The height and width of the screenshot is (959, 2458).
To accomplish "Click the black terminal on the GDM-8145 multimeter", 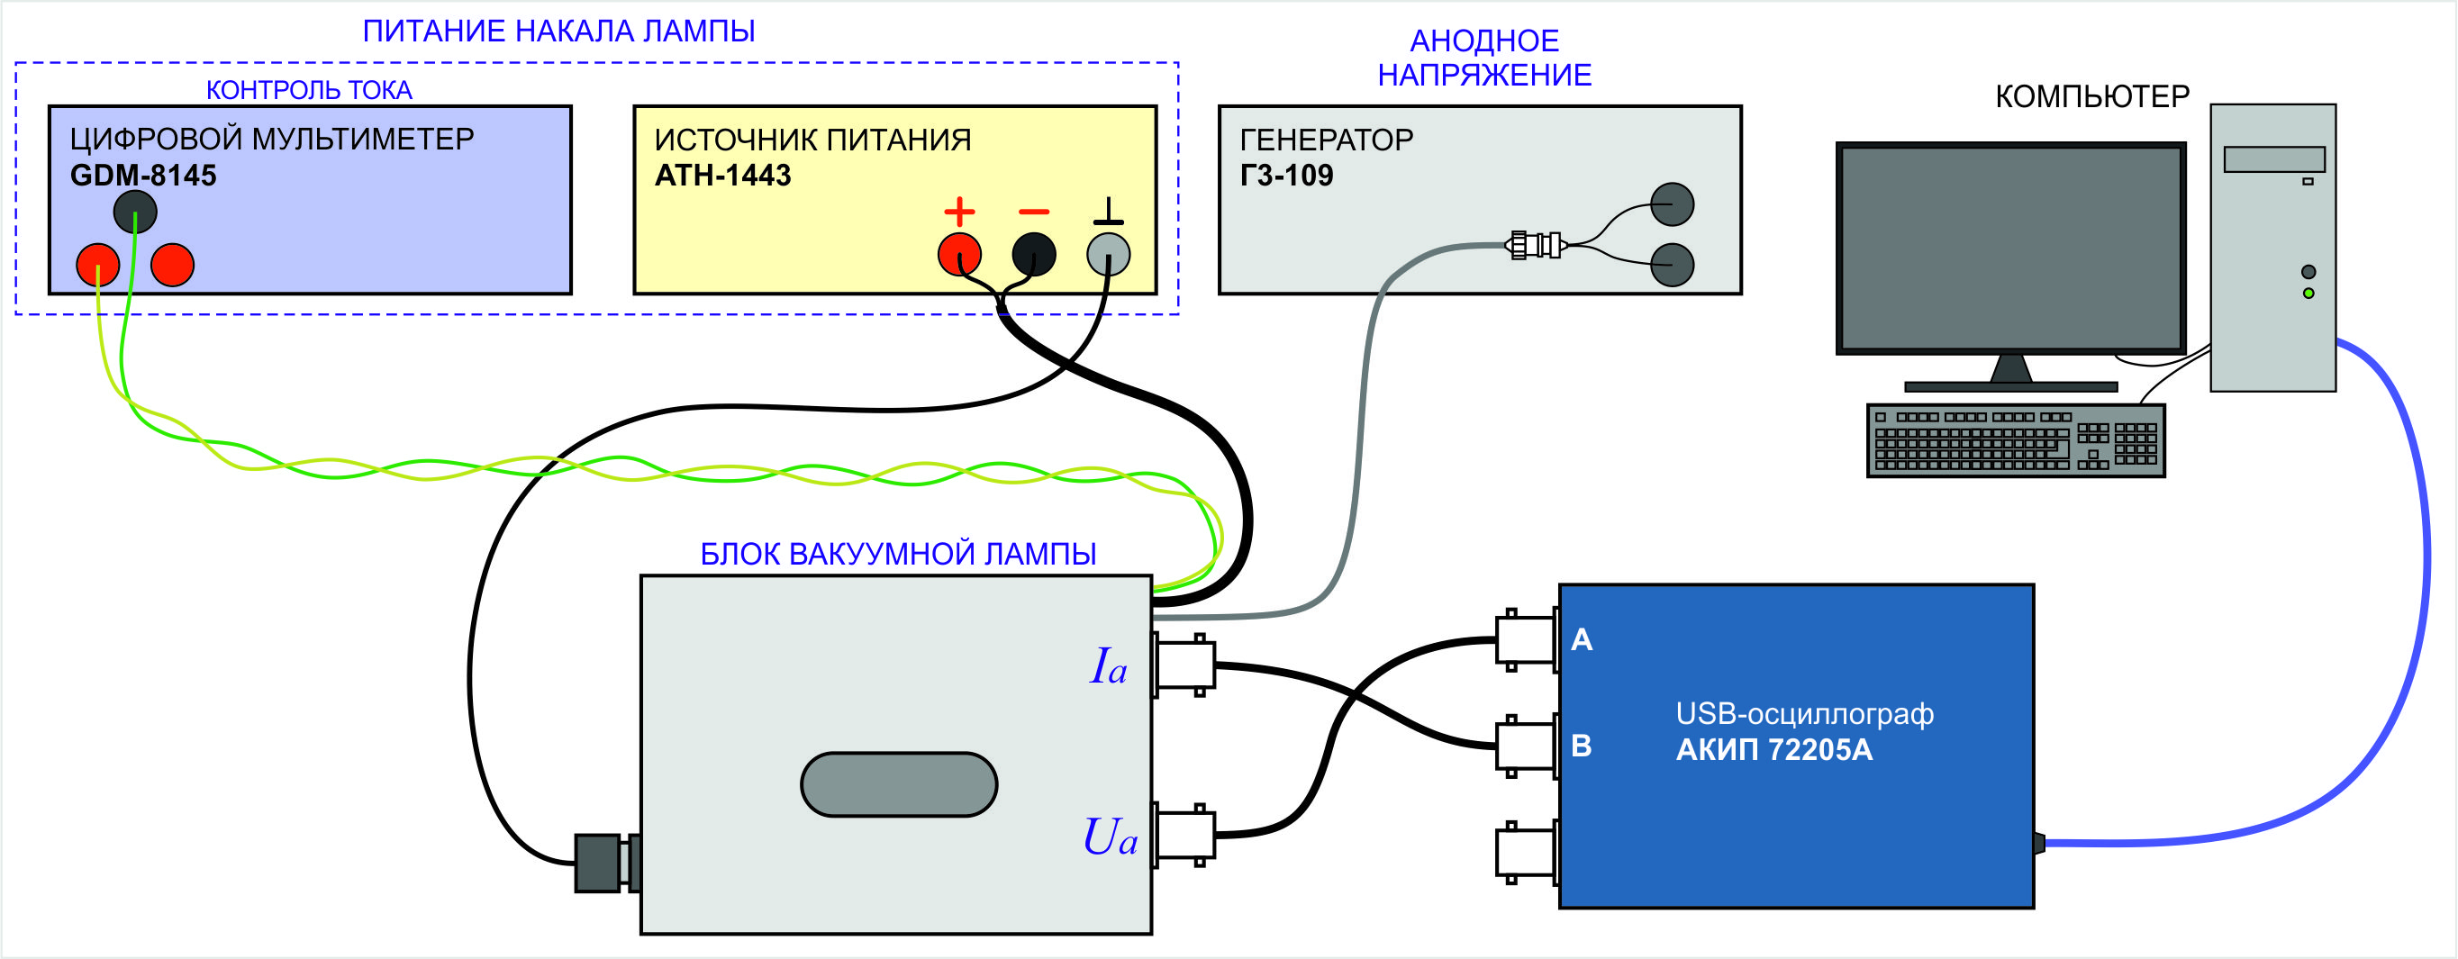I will [134, 212].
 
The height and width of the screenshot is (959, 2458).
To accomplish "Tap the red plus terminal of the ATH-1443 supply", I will [959, 254].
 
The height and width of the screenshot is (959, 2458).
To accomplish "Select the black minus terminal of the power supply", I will [1033, 254].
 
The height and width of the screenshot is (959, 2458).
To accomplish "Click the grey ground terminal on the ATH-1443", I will [1108, 254].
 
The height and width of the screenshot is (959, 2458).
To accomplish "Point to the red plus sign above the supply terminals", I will [959, 211].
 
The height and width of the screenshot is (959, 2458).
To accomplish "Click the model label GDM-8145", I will [143, 176].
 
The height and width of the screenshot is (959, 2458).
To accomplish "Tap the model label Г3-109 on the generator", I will [1286, 176].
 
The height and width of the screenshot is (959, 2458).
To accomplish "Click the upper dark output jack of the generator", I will [1672, 204].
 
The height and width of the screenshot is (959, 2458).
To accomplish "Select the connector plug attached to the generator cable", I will [1536, 245].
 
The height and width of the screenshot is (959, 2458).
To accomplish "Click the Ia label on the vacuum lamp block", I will [1108, 666].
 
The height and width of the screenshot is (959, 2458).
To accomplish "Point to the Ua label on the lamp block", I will [1109, 837].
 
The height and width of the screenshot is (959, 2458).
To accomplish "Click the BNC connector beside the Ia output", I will [1184, 665].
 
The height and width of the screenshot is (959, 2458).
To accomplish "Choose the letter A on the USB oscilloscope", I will [1581, 639].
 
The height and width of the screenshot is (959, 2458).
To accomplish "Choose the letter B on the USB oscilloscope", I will [1581, 746].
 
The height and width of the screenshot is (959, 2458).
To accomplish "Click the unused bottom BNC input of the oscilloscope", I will [1526, 852].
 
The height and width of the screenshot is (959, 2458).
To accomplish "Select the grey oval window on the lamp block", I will [898, 784].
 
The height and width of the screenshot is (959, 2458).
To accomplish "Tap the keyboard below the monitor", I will [2015, 441].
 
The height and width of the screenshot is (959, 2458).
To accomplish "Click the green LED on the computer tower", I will [2308, 293].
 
